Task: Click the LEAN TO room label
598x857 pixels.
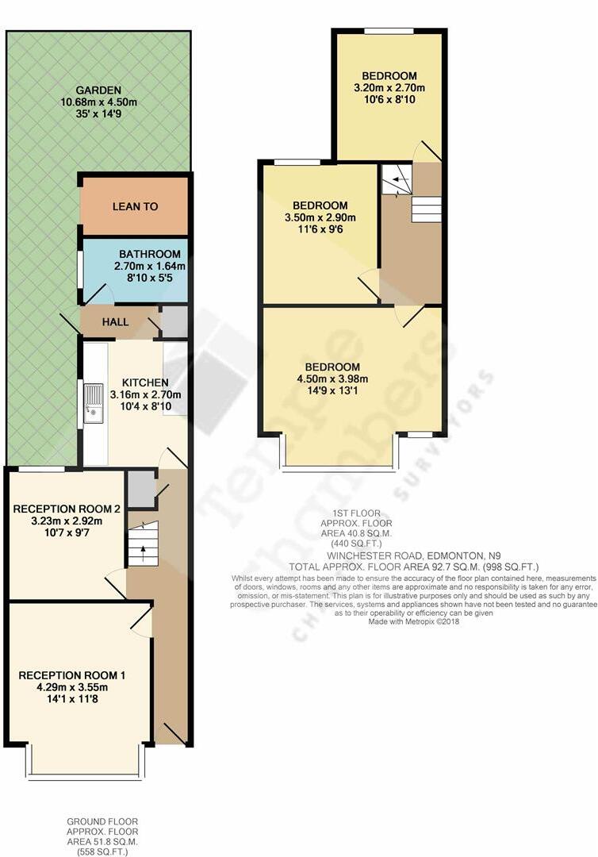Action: point(135,206)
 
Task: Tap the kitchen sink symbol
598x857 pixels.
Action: point(94,401)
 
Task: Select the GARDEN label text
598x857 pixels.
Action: point(98,90)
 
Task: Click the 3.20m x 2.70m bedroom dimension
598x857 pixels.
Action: point(389,88)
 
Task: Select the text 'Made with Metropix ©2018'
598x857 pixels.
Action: point(413,621)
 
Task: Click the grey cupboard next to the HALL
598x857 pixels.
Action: point(174,321)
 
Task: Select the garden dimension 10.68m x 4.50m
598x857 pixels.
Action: point(98,102)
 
